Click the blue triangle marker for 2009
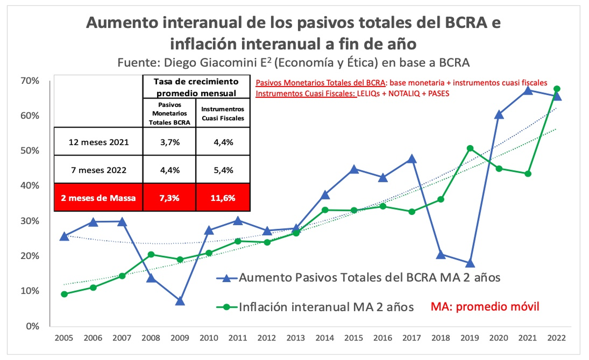tap(180, 301)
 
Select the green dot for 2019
tap(470, 148)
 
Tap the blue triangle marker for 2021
tap(528, 90)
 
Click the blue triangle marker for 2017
tap(412, 159)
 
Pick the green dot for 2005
tap(64, 294)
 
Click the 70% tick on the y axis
tap(30, 80)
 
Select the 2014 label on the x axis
tap(325, 338)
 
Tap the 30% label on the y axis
tap(30, 221)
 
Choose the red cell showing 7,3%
tap(169, 199)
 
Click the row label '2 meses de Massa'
tap(98, 199)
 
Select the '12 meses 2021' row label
tap(98, 142)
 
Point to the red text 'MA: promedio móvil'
tap(485, 307)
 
